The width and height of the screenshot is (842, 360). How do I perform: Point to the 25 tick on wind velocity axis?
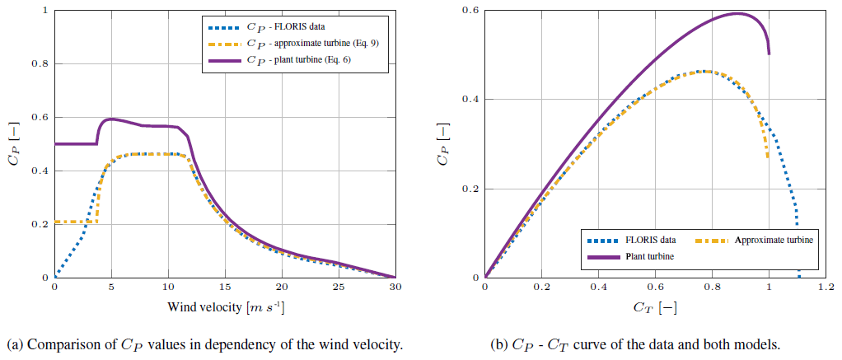pyautogui.click(x=339, y=288)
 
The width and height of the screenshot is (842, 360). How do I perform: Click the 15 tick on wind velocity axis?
pyautogui.click(x=225, y=288)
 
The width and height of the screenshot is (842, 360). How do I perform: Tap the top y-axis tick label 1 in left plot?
pyautogui.click(x=43, y=11)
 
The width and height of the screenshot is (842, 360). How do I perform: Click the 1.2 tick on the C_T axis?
pyautogui.click(x=826, y=288)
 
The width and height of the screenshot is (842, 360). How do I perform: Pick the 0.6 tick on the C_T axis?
pyautogui.click(x=655, y=288)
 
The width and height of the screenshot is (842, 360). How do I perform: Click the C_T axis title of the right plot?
pyautogui.click(x=655, y=308)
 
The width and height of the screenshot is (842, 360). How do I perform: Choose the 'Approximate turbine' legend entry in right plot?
pyautogui.click(x=774, y=240)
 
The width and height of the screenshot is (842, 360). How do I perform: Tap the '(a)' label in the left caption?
pyautogui.click(x=13, y=344)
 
